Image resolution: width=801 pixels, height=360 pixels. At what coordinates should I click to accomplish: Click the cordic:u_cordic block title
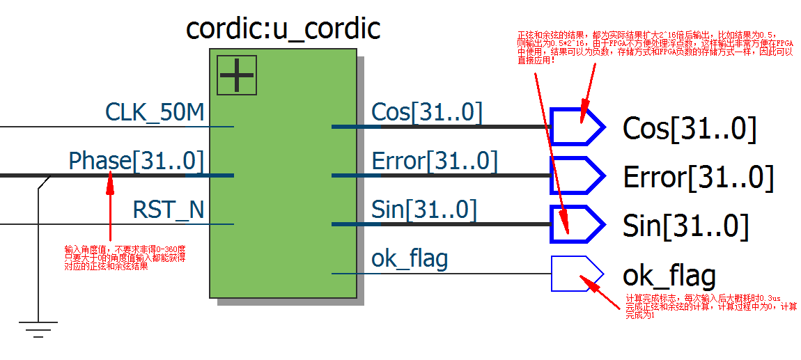coord(283,29)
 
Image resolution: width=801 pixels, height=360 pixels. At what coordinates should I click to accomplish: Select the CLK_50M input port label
coord(155,112)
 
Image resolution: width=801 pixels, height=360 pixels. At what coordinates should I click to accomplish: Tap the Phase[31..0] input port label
coord(136,161)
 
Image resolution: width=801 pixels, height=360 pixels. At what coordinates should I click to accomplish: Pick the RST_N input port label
coord(169,210)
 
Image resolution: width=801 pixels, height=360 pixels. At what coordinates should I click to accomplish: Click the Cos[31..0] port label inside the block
coord(426,112)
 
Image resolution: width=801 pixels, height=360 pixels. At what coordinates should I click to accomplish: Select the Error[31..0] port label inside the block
coord(435,161)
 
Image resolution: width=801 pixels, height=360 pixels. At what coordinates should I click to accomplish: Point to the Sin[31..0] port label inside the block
coord(424,210)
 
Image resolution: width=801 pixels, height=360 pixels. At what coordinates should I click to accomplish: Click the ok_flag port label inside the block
coord(410,259)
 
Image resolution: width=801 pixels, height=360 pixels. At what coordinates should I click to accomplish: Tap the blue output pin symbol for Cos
coord(576,127)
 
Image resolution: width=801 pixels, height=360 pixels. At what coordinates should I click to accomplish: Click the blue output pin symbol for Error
coord(576,175)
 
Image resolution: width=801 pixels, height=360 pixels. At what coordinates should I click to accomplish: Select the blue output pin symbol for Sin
coord(576,224)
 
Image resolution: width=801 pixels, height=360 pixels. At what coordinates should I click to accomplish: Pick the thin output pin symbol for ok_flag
coord(576,273)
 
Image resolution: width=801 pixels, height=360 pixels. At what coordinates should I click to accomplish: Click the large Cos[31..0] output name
coord(689,129)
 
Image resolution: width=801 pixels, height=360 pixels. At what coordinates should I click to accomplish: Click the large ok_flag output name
coord(669,276)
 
